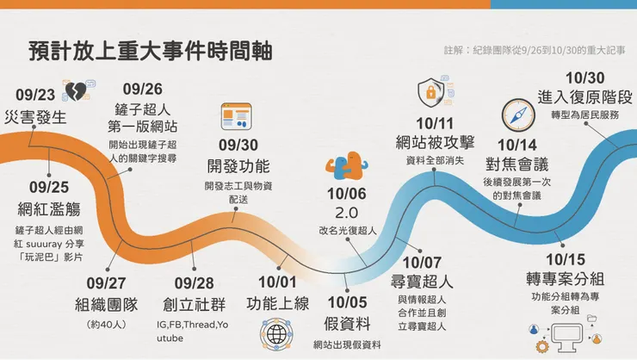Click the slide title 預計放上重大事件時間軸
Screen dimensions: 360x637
[150, 50]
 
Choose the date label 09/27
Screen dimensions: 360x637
[106, 283]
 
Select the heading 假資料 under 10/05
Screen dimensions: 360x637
[348, 324]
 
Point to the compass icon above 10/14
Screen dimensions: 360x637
[519, 114]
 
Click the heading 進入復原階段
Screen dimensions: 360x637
[584, 96]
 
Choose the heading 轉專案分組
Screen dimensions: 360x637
[566, 277]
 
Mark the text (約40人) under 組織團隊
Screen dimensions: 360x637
[107, 324]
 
